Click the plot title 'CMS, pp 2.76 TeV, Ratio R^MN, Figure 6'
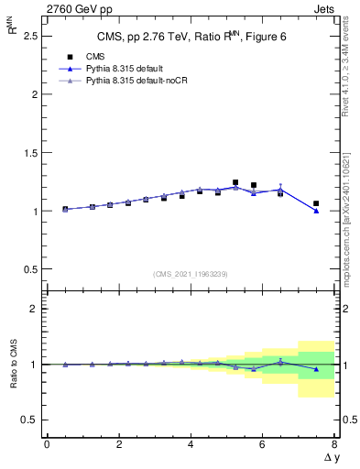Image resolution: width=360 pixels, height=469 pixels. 191,37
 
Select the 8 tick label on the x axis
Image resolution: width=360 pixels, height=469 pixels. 334,444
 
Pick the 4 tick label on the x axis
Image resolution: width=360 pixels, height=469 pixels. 191,444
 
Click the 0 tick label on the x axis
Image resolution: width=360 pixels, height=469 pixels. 47,444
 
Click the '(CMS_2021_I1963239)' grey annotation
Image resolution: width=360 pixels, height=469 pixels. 191,273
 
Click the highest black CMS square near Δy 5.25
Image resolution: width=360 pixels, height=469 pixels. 235,182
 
